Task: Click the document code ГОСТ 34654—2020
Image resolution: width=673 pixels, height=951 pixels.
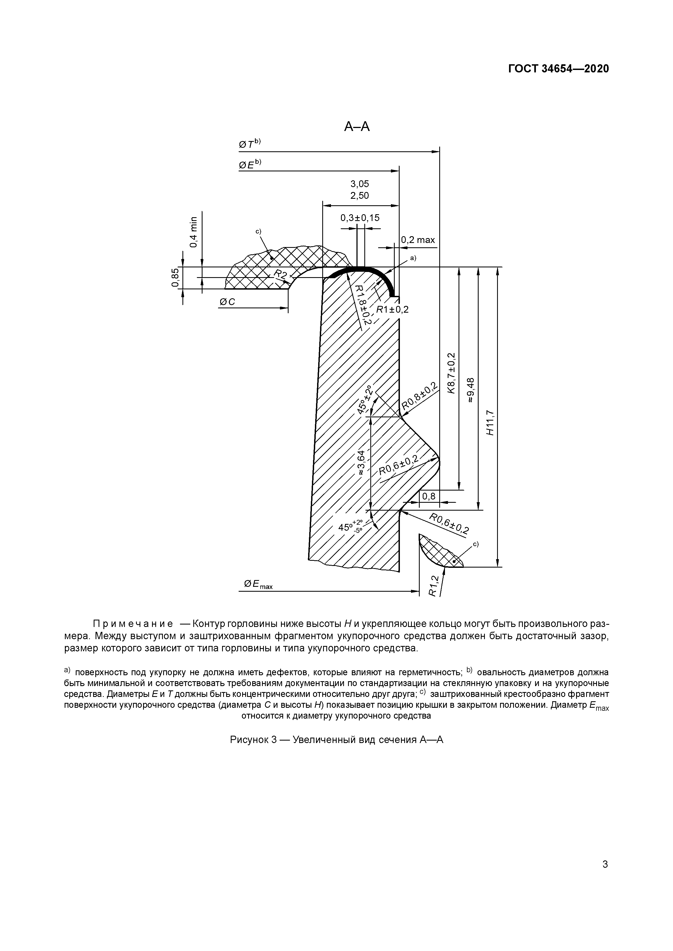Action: tap(558, 69)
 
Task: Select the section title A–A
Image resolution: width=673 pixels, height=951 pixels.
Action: tap(357, 127)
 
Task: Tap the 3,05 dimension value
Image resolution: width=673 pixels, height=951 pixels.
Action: tap(359, 184)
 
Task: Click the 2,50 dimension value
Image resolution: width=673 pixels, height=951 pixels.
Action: tap(359, 196)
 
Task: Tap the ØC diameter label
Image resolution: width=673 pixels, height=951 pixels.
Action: tap(227, 302)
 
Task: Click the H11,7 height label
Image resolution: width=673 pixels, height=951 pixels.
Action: tap(491, 422)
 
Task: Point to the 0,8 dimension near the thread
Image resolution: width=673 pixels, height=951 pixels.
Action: tap(429, 496)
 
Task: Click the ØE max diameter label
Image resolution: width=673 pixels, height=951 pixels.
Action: tap(258, 584)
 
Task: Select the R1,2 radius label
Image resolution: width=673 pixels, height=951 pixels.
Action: tap(433, 586)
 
